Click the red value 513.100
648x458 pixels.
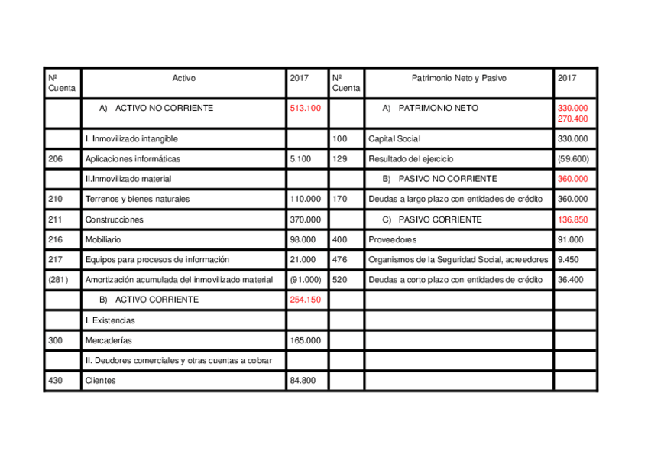point(305,109)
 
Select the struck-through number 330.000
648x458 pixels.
point(572,109)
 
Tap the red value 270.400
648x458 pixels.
point(572,119)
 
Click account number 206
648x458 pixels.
point(55,159)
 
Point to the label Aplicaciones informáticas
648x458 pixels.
point(133,159)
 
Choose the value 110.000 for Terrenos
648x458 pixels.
point(306,199)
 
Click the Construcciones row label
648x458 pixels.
point(115,219)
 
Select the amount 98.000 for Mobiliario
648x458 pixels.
point(303,239)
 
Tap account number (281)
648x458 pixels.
point(58,280)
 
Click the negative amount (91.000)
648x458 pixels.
point(306,280)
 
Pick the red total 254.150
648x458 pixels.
point(305,300)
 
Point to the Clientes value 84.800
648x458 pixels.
point(303,380)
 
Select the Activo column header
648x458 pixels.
point(183,78)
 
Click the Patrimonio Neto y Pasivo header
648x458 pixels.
point(458,78)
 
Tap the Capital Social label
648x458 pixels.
point(394,139)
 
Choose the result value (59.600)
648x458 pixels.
point(573,159)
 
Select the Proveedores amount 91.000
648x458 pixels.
point(571,239)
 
